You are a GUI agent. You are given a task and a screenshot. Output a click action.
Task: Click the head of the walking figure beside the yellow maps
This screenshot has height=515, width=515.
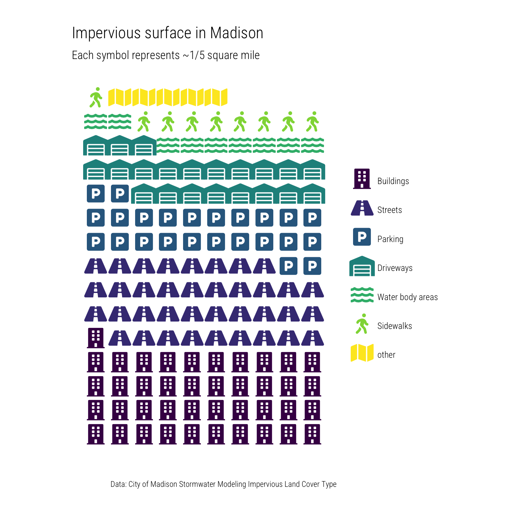98,89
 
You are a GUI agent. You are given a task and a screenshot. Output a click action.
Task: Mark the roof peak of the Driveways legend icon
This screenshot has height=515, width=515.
362,256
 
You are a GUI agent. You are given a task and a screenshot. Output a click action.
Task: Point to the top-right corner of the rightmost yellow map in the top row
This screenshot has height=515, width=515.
227,89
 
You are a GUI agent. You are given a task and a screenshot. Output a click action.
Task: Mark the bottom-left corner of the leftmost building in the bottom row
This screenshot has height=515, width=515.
87,444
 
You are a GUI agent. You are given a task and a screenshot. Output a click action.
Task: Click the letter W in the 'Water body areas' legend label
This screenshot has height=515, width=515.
381,297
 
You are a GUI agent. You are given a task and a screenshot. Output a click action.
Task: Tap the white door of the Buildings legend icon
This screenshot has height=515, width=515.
362,185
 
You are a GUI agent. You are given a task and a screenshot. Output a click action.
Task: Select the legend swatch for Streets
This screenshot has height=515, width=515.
362,208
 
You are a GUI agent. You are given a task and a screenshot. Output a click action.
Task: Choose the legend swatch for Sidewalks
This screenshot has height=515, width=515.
362,324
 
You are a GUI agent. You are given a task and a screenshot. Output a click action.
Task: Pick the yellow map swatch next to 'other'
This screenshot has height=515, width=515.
362,353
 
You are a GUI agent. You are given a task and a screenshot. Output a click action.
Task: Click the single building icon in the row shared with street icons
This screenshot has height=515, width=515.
96,338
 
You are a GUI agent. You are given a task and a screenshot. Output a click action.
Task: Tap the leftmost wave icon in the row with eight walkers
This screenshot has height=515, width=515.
96,121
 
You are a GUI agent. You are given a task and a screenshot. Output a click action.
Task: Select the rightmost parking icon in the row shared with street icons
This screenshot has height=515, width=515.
312,266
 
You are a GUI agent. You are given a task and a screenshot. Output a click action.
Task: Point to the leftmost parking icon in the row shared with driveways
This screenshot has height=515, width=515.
96,193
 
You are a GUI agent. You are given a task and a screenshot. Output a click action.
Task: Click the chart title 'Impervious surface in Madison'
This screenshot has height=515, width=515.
168,33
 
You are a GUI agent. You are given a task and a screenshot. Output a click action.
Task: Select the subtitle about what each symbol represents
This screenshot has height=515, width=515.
166,55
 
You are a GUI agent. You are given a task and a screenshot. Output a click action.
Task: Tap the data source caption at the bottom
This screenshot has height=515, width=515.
224,484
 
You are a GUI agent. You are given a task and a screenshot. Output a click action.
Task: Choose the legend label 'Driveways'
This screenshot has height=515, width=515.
395,268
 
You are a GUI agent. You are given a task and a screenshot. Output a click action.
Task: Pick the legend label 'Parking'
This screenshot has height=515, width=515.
390,239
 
